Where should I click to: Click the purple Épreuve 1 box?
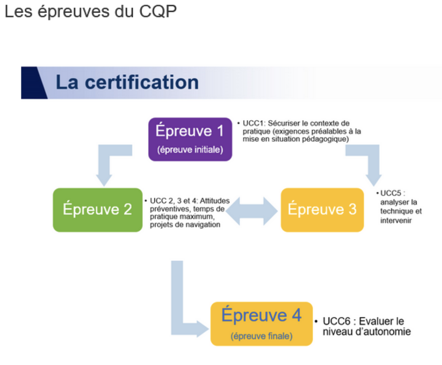coord(190,139)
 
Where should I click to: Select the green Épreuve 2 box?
coord(97,210)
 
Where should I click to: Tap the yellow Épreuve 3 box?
coord(322,210)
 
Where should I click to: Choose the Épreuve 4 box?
coord(261,324)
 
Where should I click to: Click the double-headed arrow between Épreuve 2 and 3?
coord(251,211)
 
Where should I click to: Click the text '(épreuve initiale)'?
coord(190,149)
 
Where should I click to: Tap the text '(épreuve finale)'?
coord(261,336)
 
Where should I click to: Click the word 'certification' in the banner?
coord(142,82)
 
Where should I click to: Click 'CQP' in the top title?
coord(158,12)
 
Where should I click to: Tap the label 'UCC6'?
coord(337,321)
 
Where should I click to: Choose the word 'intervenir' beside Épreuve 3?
coord(396,220)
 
